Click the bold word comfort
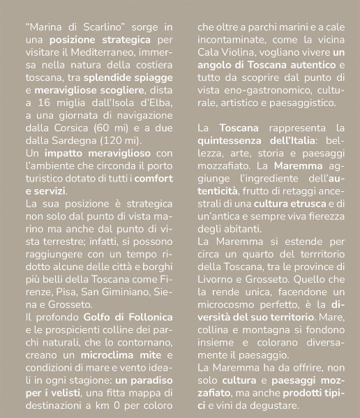(153, 178)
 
